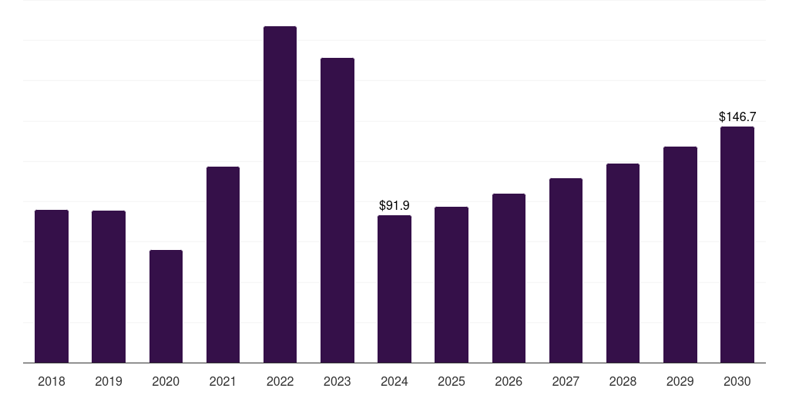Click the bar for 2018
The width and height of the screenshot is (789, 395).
[x=52, y=286]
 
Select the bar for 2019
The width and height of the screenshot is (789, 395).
[x=109, y=286]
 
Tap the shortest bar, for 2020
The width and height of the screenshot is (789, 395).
[x=166, y=306]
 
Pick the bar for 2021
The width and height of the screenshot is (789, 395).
[x=223, y=265]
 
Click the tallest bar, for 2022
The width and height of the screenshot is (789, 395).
[x=280, y=194]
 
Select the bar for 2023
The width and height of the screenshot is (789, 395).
[x=337, y=210]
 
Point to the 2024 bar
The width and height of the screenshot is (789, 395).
[x=394, y=289]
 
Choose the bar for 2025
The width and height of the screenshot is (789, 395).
[x=452, y=285]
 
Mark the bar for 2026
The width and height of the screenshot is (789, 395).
[x=509, y=278]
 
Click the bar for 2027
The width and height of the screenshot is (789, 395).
[x=566, y=270]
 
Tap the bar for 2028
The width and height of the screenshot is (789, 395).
[x=623, y=263]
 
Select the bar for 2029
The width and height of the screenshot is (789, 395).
[x=680, y=255]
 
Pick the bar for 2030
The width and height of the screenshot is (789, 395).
[x=737, y=245]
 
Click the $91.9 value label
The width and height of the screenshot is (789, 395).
[x=394, y=206]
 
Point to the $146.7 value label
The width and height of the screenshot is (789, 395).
[x=737, y=117]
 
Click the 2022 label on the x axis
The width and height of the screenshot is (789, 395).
[x=280, y=381]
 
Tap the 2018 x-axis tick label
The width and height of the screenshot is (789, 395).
[x=52, y=381]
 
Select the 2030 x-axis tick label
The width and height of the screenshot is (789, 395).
[x=737, y=381]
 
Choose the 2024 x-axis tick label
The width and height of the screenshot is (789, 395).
[x=394, y=381]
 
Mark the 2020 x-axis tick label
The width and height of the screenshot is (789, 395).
[x=166, y=381]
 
